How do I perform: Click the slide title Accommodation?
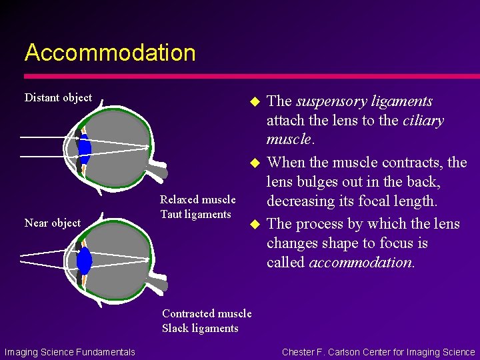(x=110, y=53)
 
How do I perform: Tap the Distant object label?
(x=58, y=97)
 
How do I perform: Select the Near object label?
(x=52, y=223)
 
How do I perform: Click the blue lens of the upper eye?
(x=85, y=147)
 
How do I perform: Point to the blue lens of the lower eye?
(x=84, y=261)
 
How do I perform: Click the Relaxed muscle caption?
(x=197, y=199)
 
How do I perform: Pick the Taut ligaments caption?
(x=195, y=214)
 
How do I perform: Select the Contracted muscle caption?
(x=207, y=313)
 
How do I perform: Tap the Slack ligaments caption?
(x=200, y=328)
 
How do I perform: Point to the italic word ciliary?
(x=423, y=121)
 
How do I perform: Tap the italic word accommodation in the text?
(x=361, y=263)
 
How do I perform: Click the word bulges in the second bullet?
(x=316, y=181)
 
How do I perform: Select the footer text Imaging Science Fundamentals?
(x=69, y=352)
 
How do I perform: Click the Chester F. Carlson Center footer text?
(x=379, y=352)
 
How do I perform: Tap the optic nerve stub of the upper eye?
(x=159, y=171)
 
